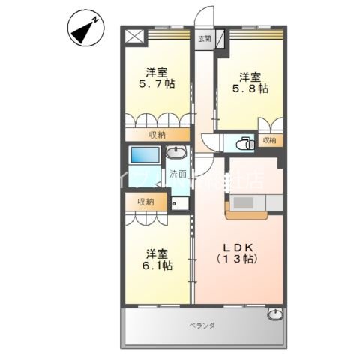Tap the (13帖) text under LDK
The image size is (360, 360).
tap(236, 259)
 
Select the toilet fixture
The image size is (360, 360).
tap(242, 145)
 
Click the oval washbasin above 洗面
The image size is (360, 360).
tap(177, 154)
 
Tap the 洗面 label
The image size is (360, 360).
tap(178, 175)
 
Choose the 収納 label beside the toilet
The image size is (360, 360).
tap(268, 140)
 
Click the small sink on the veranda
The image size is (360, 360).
tap(276, 314)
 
